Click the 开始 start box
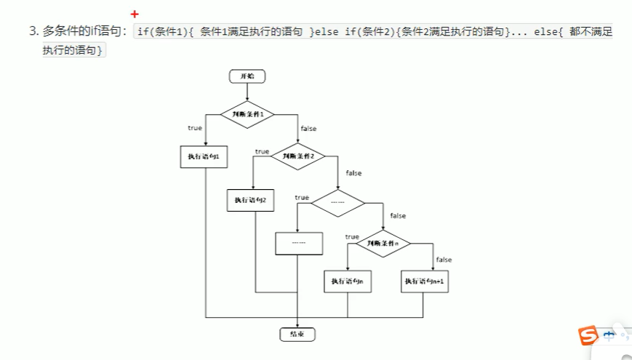coord(247,76)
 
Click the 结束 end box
coord(297,334)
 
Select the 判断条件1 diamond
coord(247,114)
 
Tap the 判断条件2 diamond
coord(298,156)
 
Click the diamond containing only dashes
coord(337,203)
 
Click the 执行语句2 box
coord(251,200)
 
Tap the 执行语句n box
coord(347,281)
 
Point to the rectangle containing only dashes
coord(297,242)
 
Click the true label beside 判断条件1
coord(195,128)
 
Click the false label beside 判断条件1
coord(308,129)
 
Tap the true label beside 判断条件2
coord(262,152)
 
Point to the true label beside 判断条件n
coord(352,237)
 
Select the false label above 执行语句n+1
coord(444,260)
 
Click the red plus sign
coord(135,14)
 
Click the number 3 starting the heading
coord(32,31)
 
